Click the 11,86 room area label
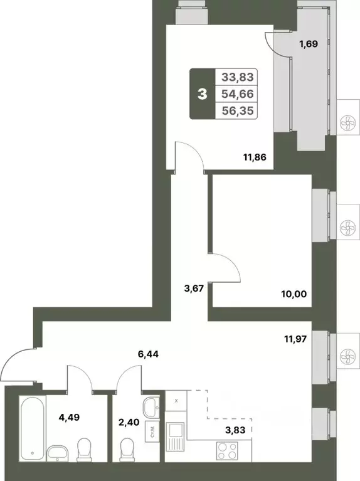click(x=255, y=157)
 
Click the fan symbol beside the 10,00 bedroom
click(x=346, y=226)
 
